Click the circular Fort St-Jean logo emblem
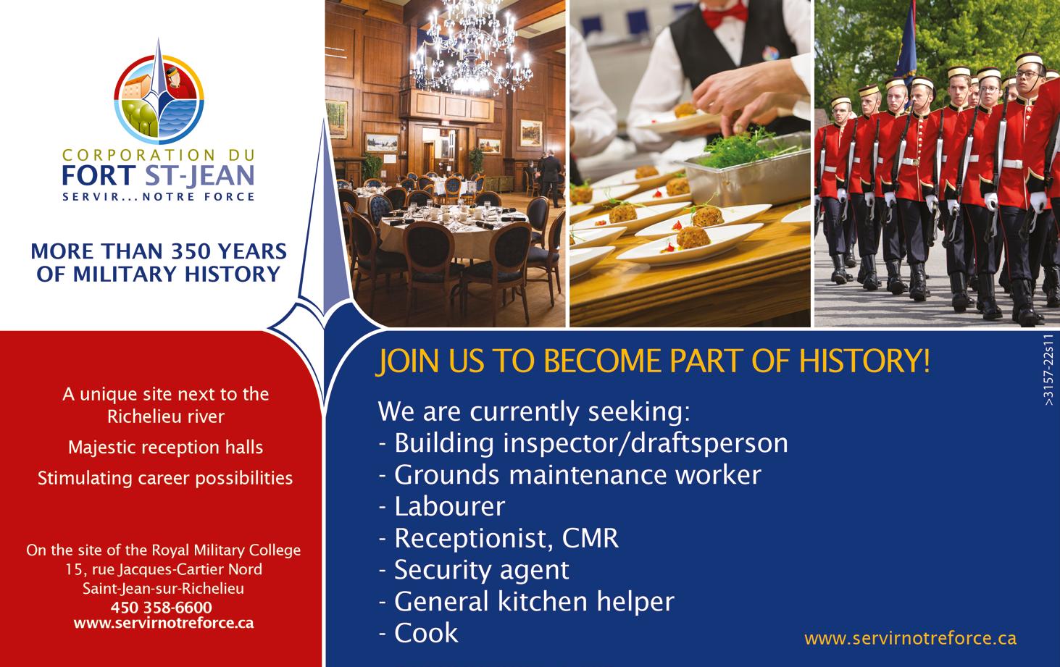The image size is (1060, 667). click(159, 99)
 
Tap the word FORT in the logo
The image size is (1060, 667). click(99, 175)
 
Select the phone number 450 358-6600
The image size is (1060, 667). click(162, 607)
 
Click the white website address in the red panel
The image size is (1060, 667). click(164, 623)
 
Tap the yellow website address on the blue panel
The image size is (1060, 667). click(910, 638)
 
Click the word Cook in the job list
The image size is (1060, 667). click(426, 633)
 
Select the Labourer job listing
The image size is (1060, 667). click(442, 506)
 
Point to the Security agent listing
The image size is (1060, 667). click(474, 571)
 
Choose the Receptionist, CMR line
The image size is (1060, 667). click(498, 538)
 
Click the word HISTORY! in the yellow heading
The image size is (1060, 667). click(864, 361)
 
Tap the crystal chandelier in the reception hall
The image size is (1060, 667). click(472, 47)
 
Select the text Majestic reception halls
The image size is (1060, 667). click(166, 447)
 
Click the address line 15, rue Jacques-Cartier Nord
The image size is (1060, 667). click(164, 569)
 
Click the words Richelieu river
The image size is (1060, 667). click(166, 416)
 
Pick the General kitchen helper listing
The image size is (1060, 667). click(527, 602)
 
